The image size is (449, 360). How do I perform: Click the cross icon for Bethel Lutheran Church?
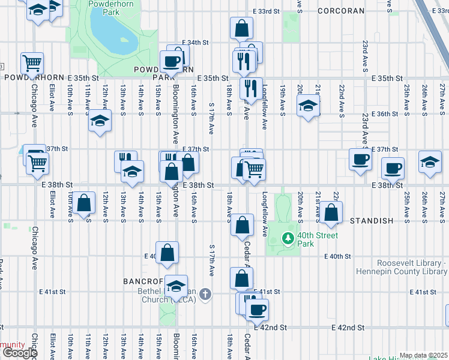[205, 293]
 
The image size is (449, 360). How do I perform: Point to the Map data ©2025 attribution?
[423, 355]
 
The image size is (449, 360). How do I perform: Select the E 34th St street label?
[195, 43]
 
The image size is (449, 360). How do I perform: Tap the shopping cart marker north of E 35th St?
[32, 62]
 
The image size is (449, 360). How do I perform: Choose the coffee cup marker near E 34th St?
[172, 61]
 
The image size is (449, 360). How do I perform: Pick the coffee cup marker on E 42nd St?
[257, 310]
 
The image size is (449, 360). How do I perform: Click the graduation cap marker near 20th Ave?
[308, 107]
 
